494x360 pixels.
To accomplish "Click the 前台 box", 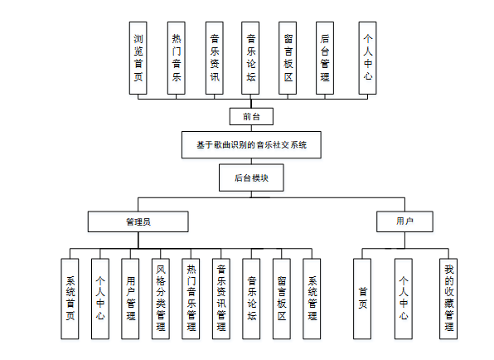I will (251, 116).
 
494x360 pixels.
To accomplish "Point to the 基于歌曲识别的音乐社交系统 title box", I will (251, 144).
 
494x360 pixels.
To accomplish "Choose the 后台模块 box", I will (251, 178).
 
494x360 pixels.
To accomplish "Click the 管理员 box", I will (138, 221).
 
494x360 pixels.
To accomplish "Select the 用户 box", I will (404, 221).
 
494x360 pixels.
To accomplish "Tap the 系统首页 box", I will (70, 298).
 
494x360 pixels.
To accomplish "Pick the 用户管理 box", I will (131, 298).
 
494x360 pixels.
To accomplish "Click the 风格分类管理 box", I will (161, 298).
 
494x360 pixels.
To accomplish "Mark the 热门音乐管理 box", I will (191, 298).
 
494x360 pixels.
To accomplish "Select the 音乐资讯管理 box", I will (221, 298).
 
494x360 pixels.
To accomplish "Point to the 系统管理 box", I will (312, 298).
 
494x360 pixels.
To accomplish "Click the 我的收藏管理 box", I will (448, 298).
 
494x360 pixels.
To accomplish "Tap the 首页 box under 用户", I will (362, 298).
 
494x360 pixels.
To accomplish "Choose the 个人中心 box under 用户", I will (404, 298).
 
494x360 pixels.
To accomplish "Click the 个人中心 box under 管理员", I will (100, 298).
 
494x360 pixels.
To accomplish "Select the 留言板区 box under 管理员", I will (282, 298).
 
